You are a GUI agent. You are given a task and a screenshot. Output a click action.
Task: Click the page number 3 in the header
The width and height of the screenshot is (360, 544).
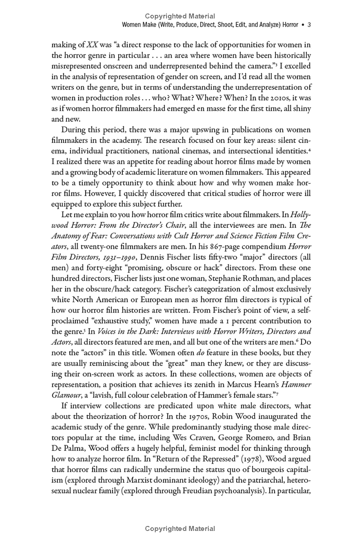pyautogui.click(x=309, y=25)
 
